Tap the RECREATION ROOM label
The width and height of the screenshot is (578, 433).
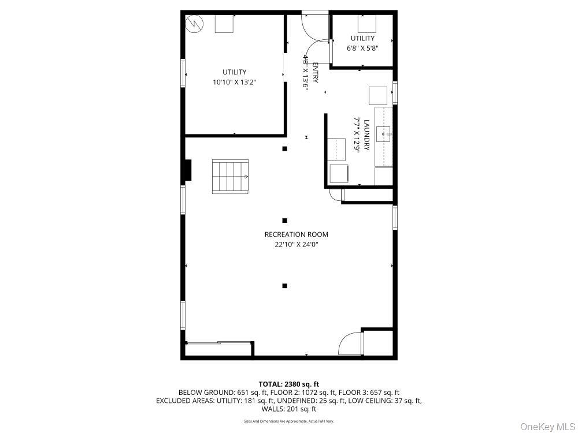point(296,234)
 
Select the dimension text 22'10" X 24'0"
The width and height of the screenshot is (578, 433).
point(296,244)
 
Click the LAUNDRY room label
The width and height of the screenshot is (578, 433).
point(366,135)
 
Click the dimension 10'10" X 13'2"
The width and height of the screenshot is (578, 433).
point(234,82)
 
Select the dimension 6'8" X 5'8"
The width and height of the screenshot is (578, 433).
point(362,48)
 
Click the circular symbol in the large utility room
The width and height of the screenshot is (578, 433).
point(194,24)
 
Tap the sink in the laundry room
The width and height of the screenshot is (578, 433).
point(384,135)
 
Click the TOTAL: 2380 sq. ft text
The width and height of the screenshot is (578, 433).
point(288,384)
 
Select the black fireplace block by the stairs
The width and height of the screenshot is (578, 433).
point(187,171)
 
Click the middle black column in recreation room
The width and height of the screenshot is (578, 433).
point(284,220)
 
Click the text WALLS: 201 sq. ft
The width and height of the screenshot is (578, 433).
point(289,409)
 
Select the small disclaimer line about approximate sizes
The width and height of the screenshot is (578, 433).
point(288,421)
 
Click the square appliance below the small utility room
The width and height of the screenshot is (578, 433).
point(378,95)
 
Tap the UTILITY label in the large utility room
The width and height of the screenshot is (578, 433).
point(234,72)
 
